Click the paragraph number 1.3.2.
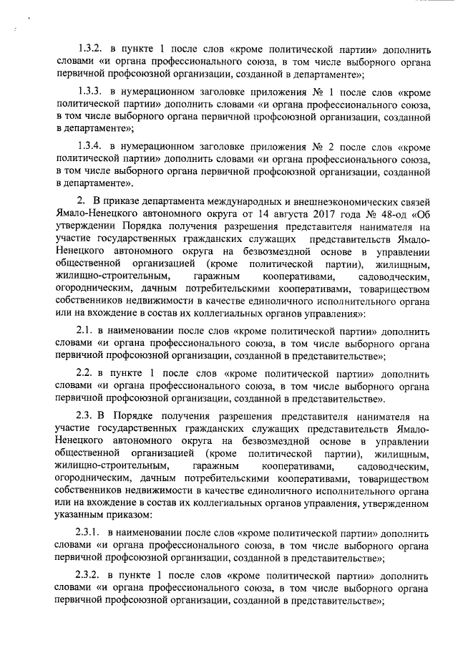point(91,51)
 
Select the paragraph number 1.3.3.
point(91,92)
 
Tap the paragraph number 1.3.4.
point(91,147)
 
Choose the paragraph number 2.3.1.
point(91,533)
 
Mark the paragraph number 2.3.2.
point(91,575)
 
